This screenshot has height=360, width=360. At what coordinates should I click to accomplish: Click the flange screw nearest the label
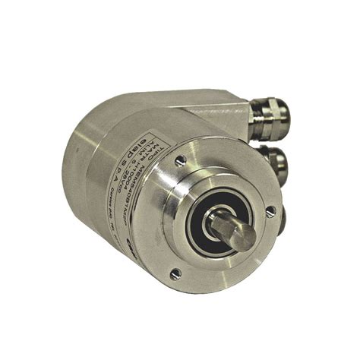180,159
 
